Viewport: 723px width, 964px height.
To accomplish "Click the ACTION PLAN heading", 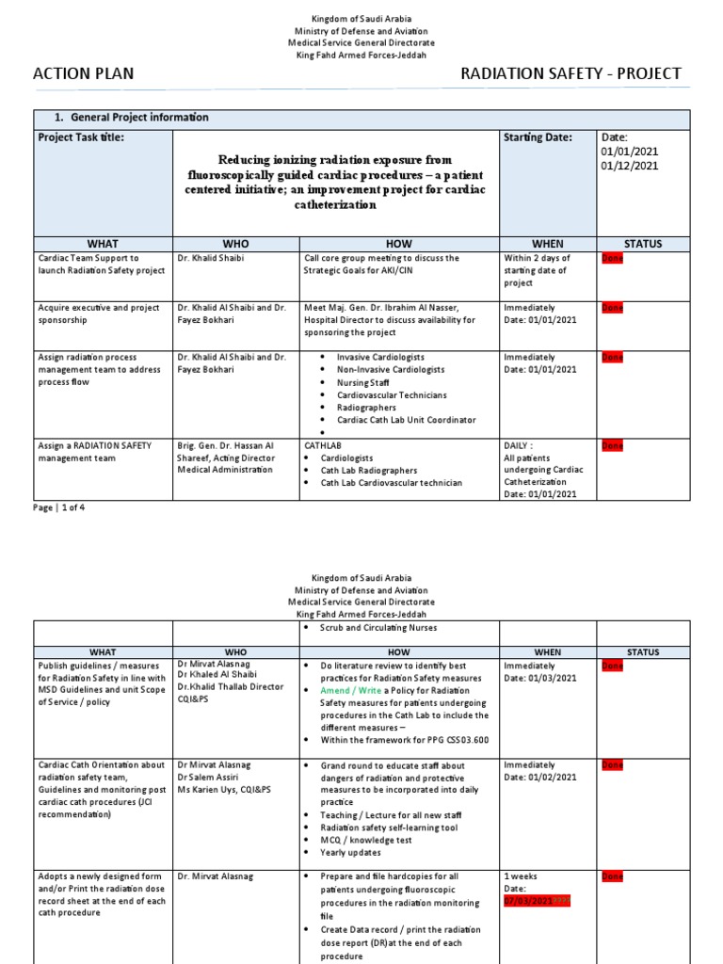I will (84, 74).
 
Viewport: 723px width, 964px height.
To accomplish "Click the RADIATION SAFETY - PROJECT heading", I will (570, 74).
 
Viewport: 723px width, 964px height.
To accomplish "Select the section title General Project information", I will (131, 118).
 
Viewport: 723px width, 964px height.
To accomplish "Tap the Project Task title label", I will (81, 137).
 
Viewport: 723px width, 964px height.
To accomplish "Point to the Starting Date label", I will (538, 137).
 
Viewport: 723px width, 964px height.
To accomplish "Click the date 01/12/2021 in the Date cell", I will (630, 166).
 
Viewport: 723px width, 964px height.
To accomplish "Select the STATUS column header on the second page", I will (643, 651).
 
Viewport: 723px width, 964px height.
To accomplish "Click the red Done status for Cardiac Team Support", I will (612, 258).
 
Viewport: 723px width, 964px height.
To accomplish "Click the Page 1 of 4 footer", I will (59, 507).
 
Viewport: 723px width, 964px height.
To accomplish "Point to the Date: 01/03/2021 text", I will (540, 678).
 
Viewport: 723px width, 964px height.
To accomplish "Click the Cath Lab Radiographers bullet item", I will (369, 471).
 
